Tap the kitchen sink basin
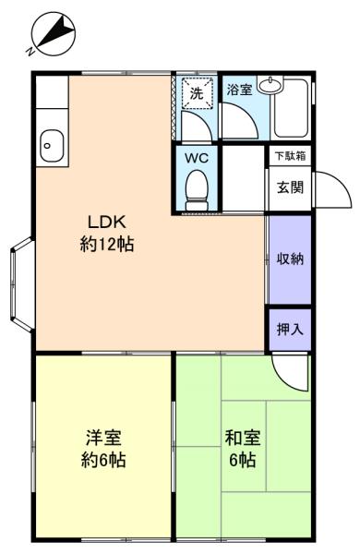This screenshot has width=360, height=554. [52, 145]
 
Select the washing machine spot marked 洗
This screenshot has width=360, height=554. [198, 92]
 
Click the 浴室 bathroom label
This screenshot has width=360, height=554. [239, 90]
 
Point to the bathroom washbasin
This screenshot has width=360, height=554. [270, 85]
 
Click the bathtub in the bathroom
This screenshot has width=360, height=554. [291, 108]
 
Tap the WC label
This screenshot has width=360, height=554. [197, 158]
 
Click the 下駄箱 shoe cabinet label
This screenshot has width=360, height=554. [291, 156]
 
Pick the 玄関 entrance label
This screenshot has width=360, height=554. [290, 187]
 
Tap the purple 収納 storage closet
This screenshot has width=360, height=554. [290, 259]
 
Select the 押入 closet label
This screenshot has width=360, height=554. [290, 330]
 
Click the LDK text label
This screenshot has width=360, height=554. [107, 223]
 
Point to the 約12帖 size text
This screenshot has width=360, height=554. [107, 244]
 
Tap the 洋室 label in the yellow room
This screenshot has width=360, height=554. [104, 438]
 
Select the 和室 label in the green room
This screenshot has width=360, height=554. [243, 438]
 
